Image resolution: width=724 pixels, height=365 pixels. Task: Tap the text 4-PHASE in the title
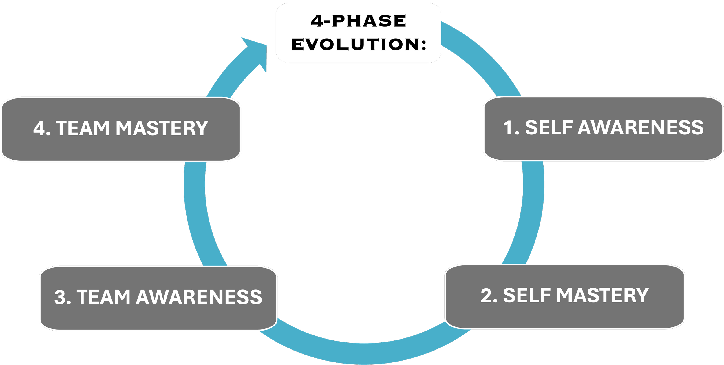tap(359, 21)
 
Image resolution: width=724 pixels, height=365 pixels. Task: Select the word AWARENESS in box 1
tap(640, 127)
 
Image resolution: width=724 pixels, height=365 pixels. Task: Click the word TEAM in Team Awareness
tap(103, 297)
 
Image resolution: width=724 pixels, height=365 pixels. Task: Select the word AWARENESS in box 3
tap(199, 297)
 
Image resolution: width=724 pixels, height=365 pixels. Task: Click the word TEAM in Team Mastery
tap(83, 128)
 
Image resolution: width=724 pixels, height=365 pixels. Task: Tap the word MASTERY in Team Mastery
tap(162, 128)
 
